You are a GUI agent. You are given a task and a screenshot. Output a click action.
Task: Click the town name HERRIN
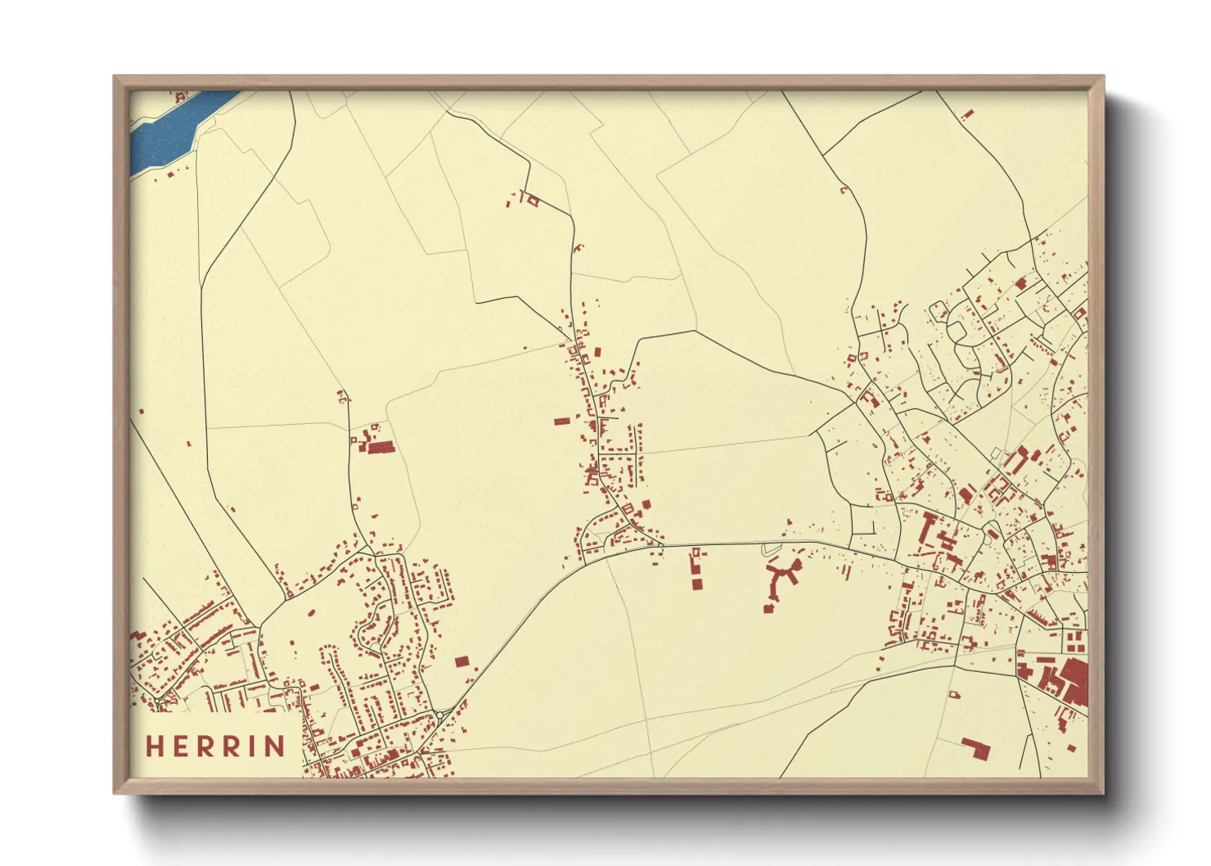(x=216, y=746)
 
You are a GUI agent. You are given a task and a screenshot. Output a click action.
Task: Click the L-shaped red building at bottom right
(x=975, y=747)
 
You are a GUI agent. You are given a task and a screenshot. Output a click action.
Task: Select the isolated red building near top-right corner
(x=967, y=115)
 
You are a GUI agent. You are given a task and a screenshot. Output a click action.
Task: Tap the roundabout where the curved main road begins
(x=440, y=715)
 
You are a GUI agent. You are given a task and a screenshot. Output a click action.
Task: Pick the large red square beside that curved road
(x=461, y=661)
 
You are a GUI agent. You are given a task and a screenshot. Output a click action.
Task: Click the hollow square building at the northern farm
(x=533, y=200)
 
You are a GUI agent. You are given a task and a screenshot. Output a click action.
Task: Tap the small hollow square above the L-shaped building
(x=953, y=695)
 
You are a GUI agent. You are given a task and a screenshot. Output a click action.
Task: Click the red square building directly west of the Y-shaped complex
(x=696, y=584)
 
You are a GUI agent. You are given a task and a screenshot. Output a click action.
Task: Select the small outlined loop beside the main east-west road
(x=768, y=549)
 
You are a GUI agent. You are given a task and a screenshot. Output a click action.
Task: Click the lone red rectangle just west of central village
(x=561, y=422)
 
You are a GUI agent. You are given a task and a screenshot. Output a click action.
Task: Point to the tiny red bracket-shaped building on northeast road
(x=844, y=190)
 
